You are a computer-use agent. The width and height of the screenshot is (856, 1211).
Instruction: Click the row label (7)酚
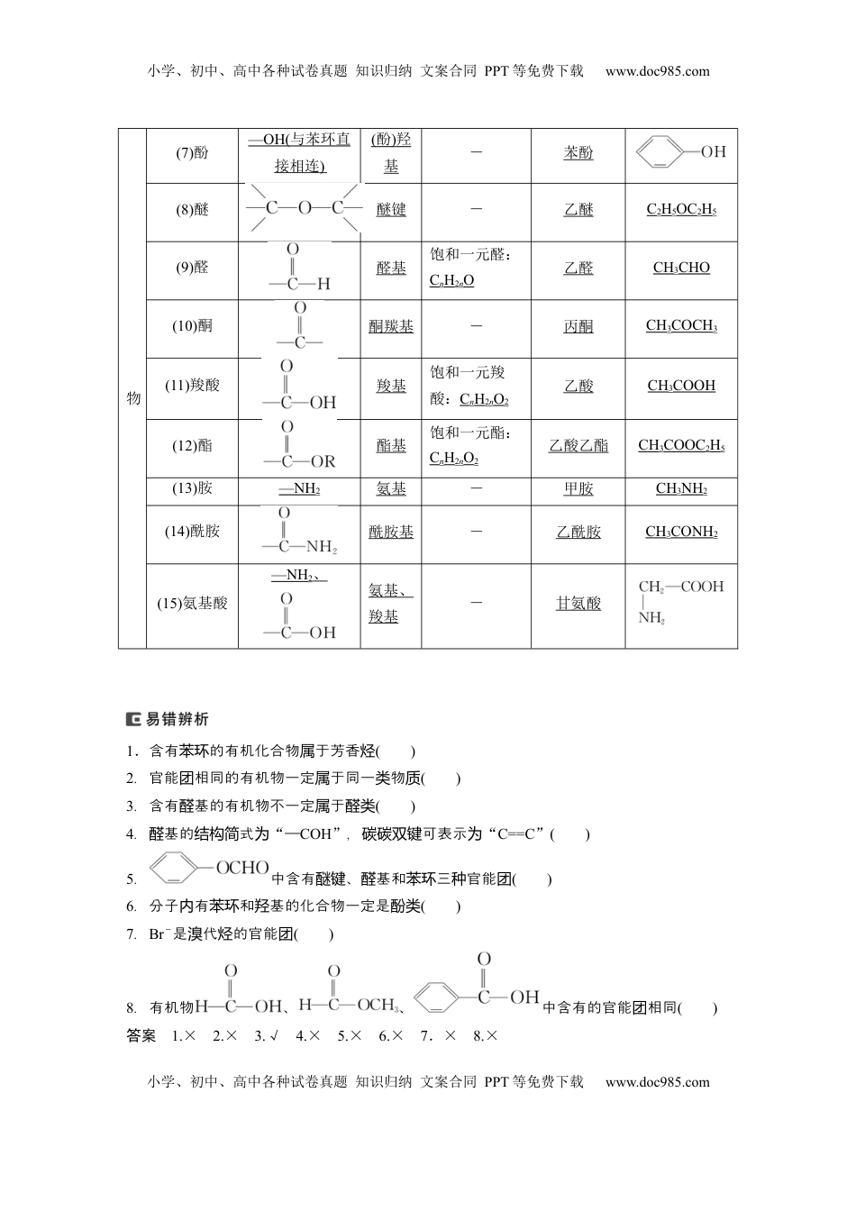pos(192,153)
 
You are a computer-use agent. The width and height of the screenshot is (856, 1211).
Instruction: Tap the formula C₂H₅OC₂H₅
pos(681,210)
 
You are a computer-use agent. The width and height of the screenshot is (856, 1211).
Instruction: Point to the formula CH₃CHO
pos(681,269)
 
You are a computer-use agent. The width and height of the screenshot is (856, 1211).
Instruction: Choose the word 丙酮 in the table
pos(578,327)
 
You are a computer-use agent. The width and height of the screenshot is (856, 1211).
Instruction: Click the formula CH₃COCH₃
pos(681,326)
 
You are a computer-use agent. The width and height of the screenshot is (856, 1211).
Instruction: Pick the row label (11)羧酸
pos(192,386)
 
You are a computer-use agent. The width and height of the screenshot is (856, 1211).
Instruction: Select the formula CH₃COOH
pos(681,387)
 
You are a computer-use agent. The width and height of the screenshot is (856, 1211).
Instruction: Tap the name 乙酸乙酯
pos(578,446)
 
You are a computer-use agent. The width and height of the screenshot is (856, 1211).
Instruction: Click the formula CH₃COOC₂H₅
pos(681,446)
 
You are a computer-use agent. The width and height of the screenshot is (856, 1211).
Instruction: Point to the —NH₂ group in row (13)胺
pos(299,489)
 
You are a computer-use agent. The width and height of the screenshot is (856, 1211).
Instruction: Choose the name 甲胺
pos(578,489)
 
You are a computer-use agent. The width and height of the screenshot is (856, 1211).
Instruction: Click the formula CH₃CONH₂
pos(681,533)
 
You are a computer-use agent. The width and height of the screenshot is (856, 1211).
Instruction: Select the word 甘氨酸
pos(578,604)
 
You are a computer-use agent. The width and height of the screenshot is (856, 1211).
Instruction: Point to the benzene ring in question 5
pos(178,870)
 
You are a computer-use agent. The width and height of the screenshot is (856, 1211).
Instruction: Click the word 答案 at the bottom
pos(141,1036)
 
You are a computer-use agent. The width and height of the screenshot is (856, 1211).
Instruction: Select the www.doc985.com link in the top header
pos(657,71)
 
